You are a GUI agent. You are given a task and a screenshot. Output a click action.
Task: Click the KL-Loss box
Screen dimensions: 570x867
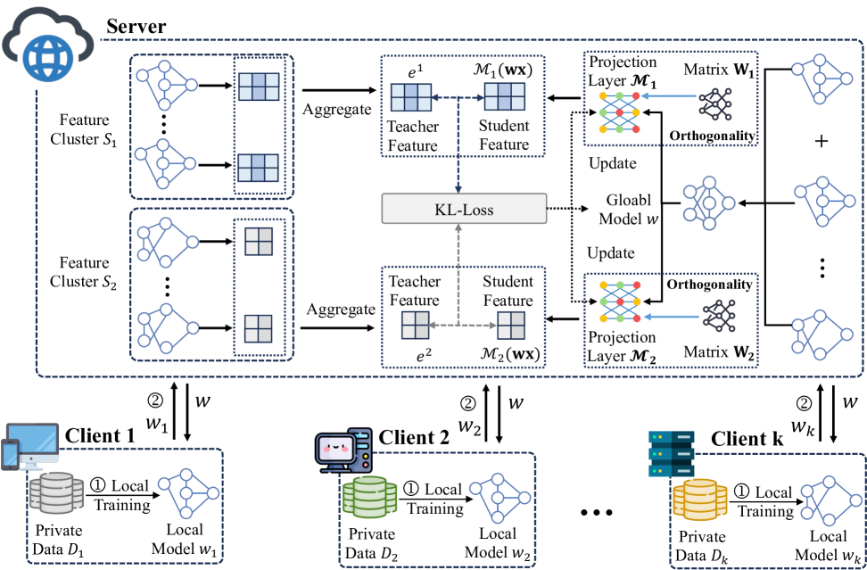pos(464,210)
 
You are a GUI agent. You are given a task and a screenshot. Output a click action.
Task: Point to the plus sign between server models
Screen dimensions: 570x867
pos(822,142)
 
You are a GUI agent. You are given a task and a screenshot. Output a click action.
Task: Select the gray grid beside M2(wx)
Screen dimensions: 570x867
pos(512,325)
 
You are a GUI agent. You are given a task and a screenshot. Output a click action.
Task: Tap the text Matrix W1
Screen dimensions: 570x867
pos(718,68)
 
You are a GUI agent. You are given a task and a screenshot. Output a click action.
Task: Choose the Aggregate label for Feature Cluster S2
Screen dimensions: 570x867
pos(341,309)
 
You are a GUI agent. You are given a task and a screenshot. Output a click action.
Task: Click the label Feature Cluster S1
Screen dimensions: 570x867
pos(86,128)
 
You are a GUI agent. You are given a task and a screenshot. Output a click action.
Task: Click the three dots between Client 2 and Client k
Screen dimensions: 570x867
pos(597,514)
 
